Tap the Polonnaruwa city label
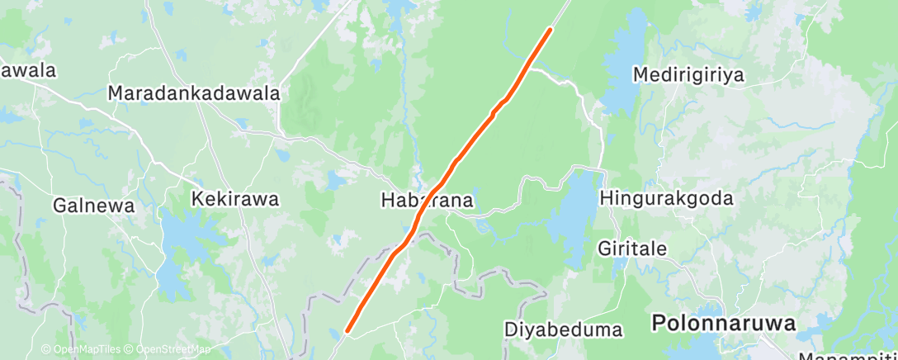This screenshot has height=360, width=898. point(724,323)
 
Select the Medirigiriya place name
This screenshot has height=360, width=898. point(688,75)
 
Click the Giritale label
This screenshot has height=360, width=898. point(633,248)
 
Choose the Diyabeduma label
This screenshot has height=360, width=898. point(563,329)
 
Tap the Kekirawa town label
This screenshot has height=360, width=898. point(235,199)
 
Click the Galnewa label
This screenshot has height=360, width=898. point(93,206)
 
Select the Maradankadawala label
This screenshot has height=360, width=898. point(194,93)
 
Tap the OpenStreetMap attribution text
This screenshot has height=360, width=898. point(173,349)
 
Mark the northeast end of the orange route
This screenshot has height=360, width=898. point(550,30)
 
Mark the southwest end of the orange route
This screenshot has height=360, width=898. point(347,331)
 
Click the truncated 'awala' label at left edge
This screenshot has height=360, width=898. point(28,70)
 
